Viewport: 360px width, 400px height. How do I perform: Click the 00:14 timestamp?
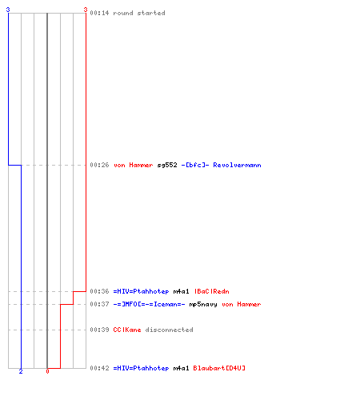[99, 13]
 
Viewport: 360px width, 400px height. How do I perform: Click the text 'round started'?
[139, 13]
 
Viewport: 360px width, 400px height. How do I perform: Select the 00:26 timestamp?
[99, 165]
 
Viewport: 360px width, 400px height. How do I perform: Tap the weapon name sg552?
[167, 166]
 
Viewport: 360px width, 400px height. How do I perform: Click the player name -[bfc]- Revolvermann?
[221, 165]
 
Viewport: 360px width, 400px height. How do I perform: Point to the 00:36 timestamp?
[99, 291]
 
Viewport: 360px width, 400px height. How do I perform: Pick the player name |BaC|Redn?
[211, 291]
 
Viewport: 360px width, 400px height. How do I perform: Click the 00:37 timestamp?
[99, 304]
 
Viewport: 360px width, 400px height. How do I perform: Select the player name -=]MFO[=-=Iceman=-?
[149, 304]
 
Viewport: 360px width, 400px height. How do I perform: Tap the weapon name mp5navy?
[203, 305]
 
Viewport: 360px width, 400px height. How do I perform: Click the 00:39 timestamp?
[99, 330]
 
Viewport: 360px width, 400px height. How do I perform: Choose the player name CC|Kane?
[127, 330]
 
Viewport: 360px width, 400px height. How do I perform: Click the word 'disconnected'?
[169, 330]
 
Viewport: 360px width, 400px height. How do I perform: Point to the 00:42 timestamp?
[99, 368]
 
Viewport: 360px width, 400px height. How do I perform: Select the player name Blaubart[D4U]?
[219, 368]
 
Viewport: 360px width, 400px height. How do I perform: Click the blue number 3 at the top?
[8, 10]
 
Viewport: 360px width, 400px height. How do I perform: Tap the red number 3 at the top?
[86, 10]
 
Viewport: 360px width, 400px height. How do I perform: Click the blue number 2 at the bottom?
[21, 371]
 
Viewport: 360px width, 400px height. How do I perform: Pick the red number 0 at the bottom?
[47, 371]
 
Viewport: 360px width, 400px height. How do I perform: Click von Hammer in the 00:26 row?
[134, 165]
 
